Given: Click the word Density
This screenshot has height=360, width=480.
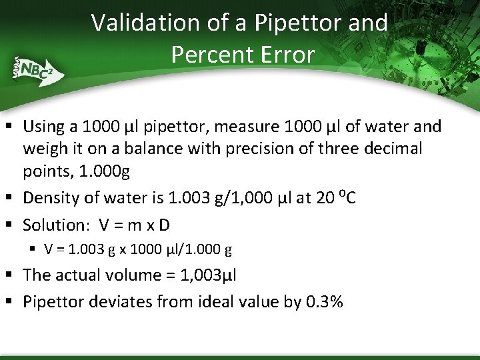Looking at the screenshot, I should point(50,198).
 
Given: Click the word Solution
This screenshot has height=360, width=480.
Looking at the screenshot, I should point(53,225).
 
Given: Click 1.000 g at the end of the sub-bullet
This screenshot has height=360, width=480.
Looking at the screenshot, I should point(209,250).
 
